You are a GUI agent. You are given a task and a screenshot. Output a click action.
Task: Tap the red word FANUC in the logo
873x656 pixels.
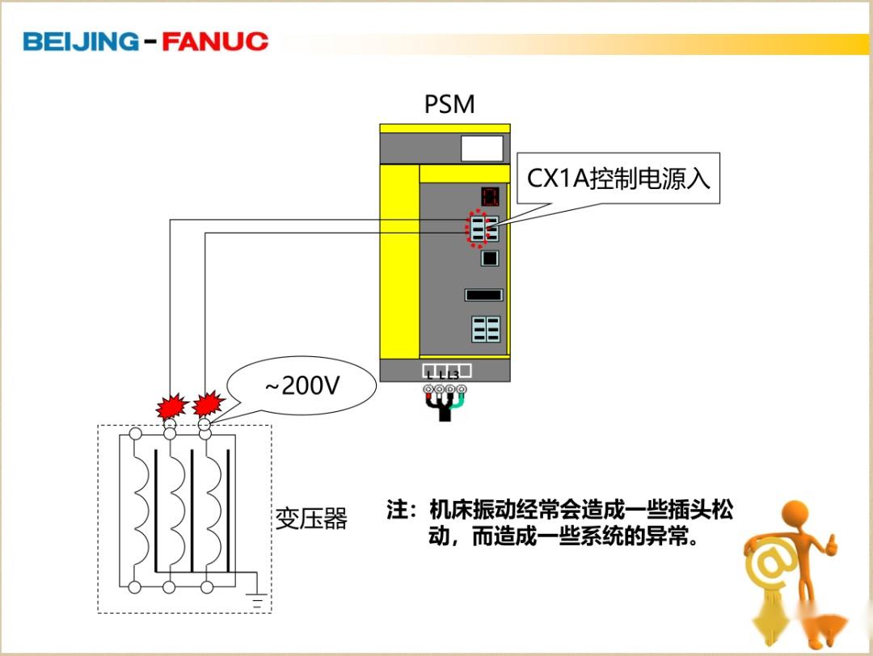pyautogui.click(x=214, y=41)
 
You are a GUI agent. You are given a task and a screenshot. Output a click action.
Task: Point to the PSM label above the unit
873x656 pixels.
pyautogui.click(x=449, y=105)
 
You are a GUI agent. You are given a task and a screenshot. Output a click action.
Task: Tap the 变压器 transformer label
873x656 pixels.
pyautogui.click(x=311, y=519)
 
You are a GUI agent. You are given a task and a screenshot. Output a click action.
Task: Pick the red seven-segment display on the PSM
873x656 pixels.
pyautogui.click(x=489, y=196)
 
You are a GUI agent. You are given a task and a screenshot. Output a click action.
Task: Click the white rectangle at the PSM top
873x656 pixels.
pyautogui.click(x=482, y=149)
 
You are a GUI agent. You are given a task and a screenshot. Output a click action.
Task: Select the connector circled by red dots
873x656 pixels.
pyautogui.click(x=479, y=229)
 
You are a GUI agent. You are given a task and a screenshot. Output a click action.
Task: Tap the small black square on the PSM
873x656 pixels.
pyautogui.click(x=490, y=259)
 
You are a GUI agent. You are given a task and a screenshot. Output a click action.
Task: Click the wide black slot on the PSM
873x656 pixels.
pyautogui.click(x=483, y=295)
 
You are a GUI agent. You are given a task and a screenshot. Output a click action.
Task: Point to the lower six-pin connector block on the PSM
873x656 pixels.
pyautogui.click(x=486, y=329)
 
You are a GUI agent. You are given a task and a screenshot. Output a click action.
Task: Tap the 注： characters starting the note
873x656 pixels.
pyautogui.click(x=401, y=511)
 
